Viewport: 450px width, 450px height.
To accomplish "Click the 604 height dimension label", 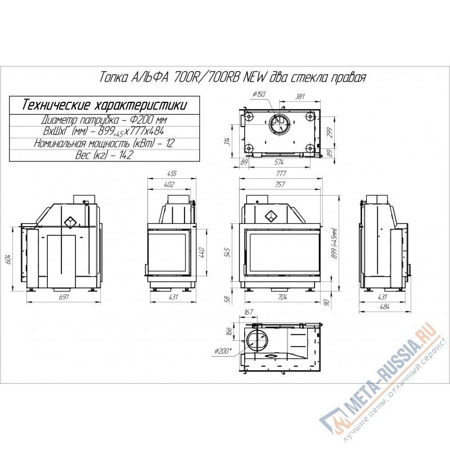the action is (8, 259).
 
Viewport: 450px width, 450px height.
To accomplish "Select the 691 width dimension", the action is (64, 297).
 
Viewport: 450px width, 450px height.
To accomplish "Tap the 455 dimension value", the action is (172, 174).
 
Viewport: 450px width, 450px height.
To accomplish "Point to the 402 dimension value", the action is (169, 184).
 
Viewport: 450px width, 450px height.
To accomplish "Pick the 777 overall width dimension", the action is (281, 174).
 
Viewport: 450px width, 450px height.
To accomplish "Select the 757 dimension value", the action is (280, 184).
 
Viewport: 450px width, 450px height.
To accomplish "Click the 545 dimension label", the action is (227, 253).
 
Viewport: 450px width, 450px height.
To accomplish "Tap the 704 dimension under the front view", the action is (282, 297).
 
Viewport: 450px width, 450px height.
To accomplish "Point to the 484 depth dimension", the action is (385, 307).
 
